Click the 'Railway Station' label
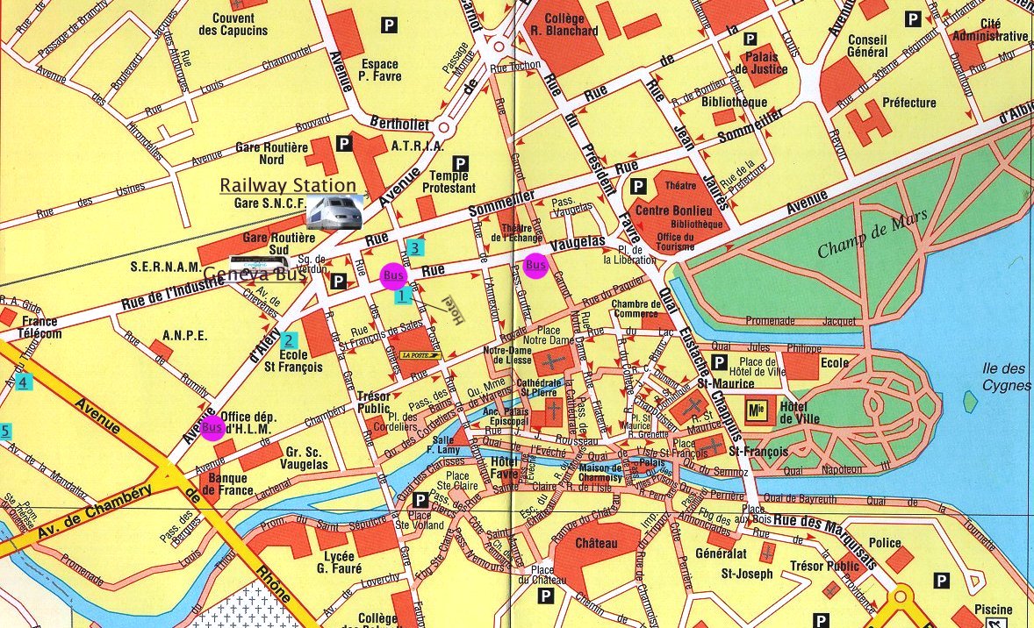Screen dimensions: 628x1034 [x=288, y=185]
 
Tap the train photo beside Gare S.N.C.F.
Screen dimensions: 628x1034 [x=334, y=212]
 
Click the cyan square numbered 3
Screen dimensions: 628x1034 [x=415, y=247]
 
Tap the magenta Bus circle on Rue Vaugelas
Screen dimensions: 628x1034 [x=535, y=265]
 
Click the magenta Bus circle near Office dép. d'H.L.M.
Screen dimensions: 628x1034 [x=212, y=429]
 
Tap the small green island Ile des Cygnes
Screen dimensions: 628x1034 [x=969, y=402]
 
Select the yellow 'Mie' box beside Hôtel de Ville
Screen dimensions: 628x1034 [x=756, y=409]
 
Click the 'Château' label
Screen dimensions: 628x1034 [x=598, y=544]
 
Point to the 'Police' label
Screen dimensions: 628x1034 [x=885, y=543]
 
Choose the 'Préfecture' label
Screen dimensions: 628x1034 [x=908, y=103]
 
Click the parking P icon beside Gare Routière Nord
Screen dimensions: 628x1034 [x=345, y=143]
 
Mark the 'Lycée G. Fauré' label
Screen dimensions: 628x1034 [x=337, y=562]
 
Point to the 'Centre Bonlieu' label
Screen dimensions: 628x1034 [x=678, y=210]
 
